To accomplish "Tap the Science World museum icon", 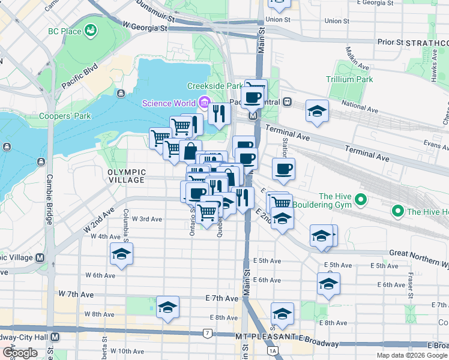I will click(204, 103).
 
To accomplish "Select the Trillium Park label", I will click(349, 79).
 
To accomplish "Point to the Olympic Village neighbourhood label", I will click(126, 176).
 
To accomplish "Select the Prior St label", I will click(390, 43).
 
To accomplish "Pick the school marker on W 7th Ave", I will click(167, 307).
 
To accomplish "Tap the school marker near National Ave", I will click(317, 111).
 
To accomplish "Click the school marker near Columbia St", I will click(121, 254).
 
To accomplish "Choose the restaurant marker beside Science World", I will click(220, 112).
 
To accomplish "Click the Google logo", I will click(20, 353).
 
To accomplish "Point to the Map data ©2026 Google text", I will click(412, 355).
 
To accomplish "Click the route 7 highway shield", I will click(208, 333).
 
